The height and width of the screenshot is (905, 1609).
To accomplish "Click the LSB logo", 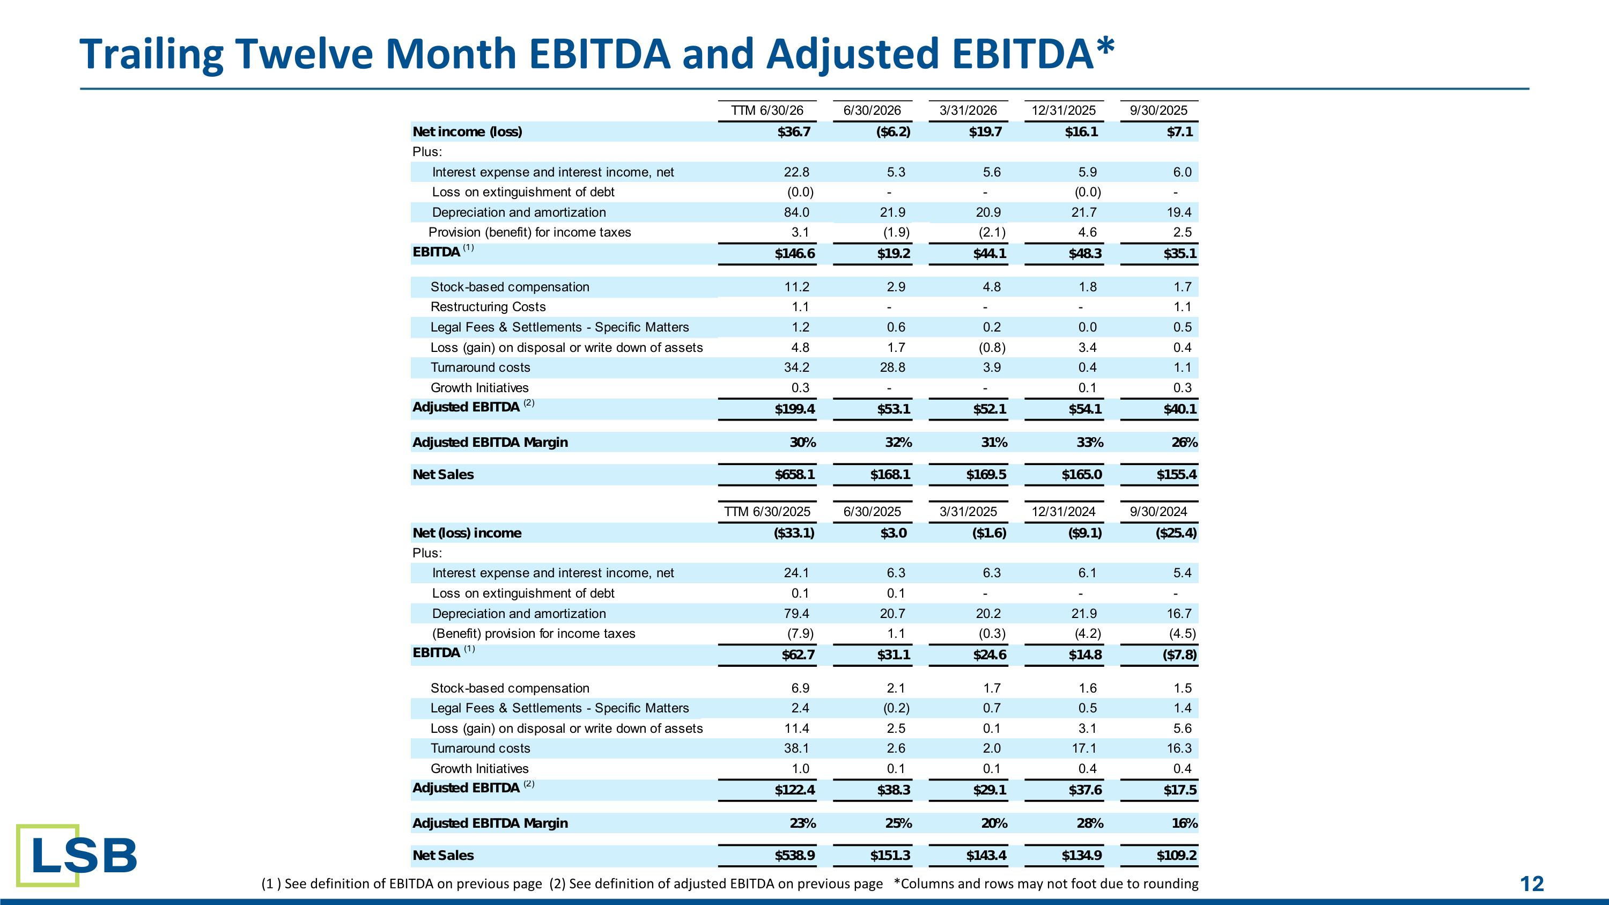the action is [77, 855].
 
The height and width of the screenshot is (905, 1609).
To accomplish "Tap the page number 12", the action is [1532, 884].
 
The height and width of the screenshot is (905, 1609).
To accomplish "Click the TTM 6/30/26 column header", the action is [767, 111].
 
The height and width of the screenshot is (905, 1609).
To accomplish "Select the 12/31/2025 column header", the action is [1063, 111].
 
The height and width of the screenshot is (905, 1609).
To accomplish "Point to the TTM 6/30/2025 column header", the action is [767, 512].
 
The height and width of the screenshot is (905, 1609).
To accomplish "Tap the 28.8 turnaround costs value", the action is [892, 368].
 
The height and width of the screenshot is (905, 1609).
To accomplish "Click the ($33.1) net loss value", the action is [794, 533].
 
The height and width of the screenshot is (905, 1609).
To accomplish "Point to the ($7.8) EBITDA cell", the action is [1176, 655].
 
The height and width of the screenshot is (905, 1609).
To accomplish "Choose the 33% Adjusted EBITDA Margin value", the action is [1089, 443].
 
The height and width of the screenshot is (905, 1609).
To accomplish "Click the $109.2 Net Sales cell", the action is [1176, 856].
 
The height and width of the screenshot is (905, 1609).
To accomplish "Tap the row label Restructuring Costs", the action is [488, 307].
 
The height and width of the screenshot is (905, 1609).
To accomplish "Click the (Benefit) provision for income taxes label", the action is [534, 634].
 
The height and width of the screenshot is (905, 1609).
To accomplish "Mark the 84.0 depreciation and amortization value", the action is [796, 212].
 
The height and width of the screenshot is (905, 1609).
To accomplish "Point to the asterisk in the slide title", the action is [1104, 46].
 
